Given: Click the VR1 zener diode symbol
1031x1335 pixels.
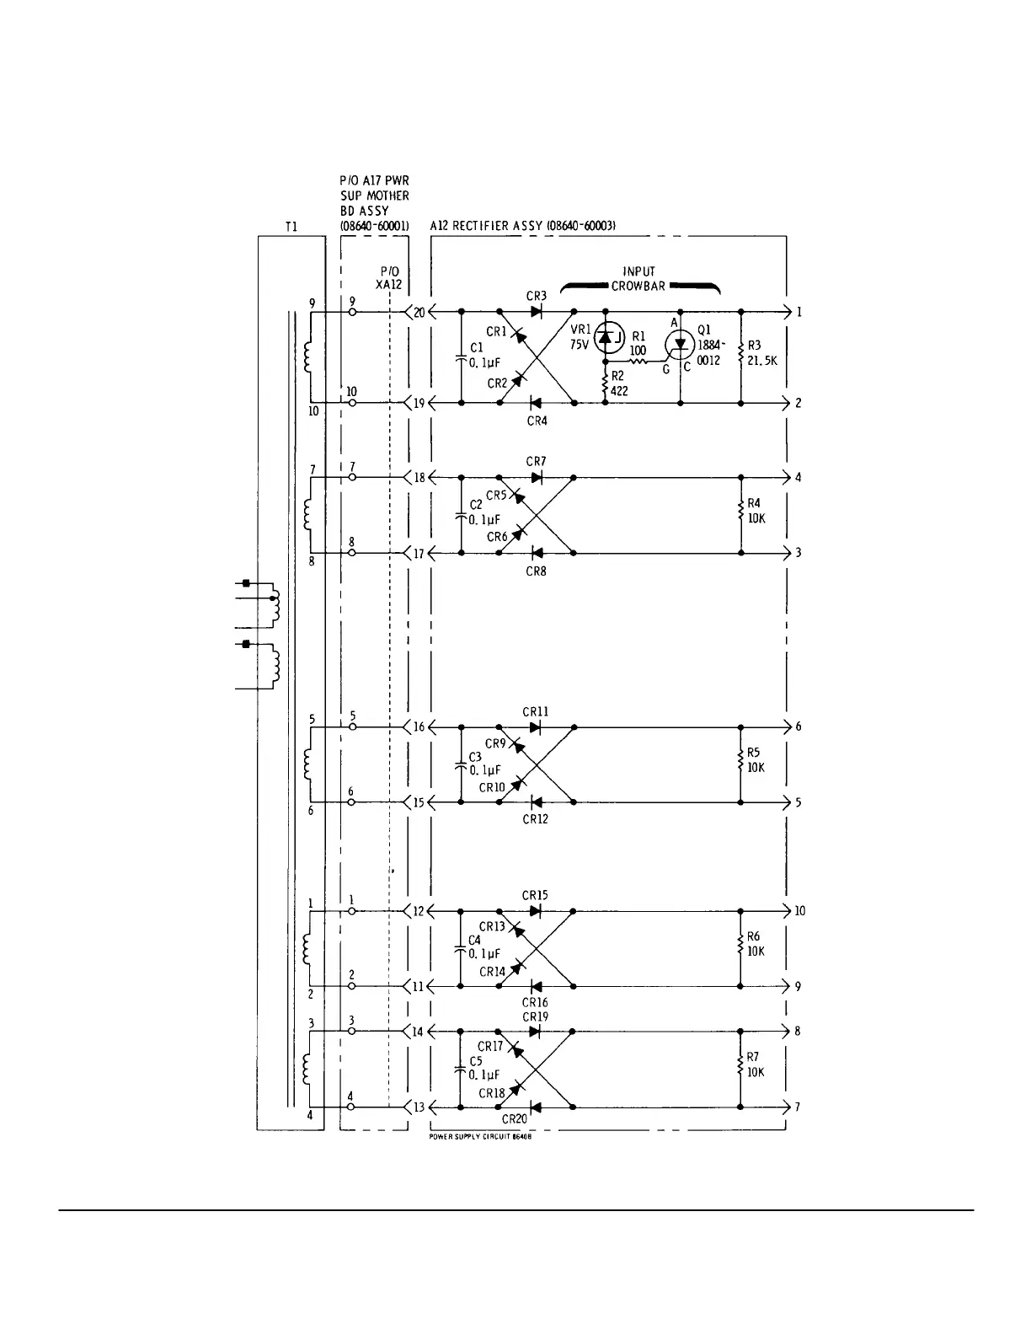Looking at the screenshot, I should (x=605, y=338).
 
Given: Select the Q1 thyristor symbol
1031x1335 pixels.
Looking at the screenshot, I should (x=680, y=343).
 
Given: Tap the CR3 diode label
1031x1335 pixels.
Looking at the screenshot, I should (x=537, y=296).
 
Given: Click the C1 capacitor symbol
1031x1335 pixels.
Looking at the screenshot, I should (x=461, y=358).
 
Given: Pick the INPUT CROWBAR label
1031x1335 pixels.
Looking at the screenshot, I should (x=638, y=278).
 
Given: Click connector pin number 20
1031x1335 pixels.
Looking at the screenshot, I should (x=419, y=313).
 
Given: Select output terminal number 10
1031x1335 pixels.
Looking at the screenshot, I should (x=799, y=911).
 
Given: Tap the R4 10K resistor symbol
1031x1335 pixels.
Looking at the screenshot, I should (x=741, y=511).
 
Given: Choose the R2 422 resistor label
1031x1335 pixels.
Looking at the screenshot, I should (x=618, y=385).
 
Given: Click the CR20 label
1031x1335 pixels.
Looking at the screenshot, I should (x=514, y=1119).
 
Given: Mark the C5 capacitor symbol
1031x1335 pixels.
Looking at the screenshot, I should (x=461, y=1069).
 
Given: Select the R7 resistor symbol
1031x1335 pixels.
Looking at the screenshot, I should (x=740, y=1067).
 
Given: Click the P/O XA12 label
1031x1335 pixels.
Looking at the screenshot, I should (x=388, y=278).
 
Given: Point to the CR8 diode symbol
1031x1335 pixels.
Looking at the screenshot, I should (x=535, y=553).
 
